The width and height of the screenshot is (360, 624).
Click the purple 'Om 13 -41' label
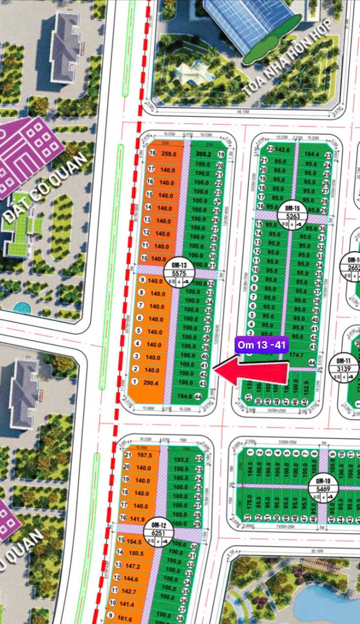(x=261, y=345)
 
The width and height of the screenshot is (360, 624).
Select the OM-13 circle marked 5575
(x=178, y=274)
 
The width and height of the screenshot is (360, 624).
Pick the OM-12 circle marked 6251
(x=158, y=530)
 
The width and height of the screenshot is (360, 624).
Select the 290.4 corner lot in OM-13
(x=150, y=383)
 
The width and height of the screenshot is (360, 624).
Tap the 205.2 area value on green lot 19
(x=203, y=154)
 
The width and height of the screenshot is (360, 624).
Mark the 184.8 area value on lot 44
(x=184, y=396)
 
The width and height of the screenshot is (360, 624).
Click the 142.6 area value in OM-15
(x=282, y=149)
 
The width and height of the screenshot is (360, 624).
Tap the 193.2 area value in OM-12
(x=180, y=459)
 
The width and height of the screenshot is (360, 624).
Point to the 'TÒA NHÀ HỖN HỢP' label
(x=287, y=57)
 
